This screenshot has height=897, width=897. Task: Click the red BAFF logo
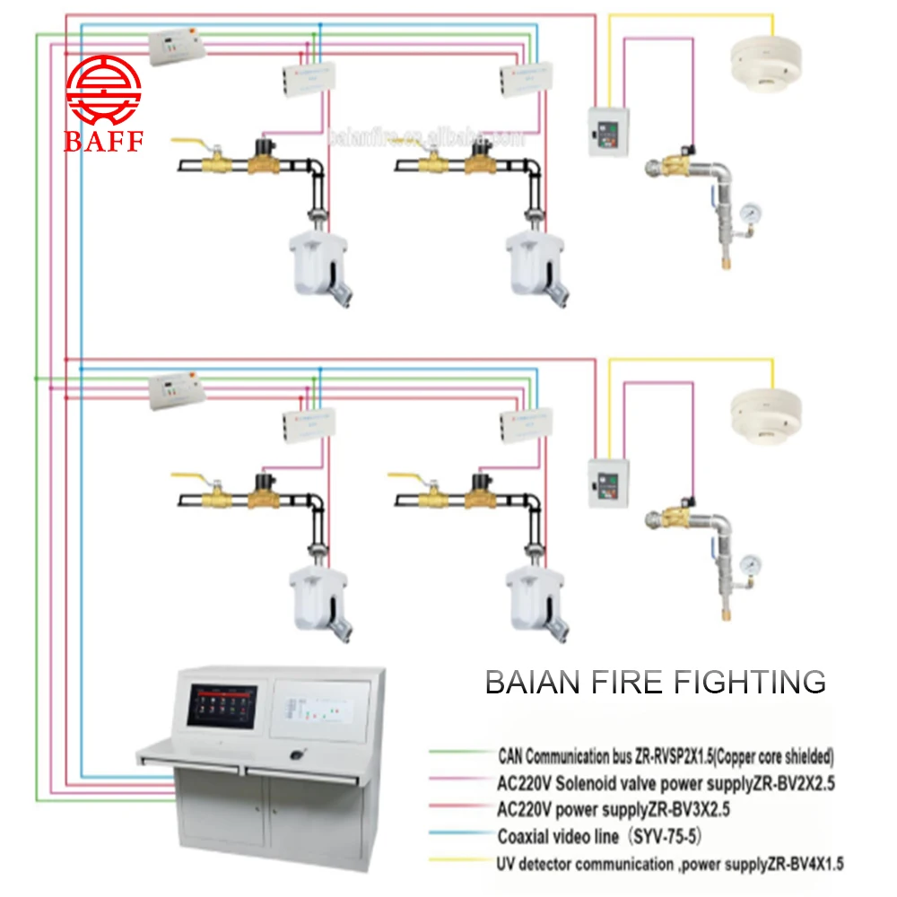(x=103, y=106)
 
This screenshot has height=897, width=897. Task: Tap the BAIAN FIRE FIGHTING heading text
(x=655, y=682)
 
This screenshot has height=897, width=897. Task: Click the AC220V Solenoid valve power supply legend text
(x=666, y=782)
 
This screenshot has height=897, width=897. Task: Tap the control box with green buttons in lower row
(x=607, y=483)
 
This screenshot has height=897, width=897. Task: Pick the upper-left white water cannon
(x=319, y=266)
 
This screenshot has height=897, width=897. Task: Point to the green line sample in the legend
(x=457, y=754)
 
